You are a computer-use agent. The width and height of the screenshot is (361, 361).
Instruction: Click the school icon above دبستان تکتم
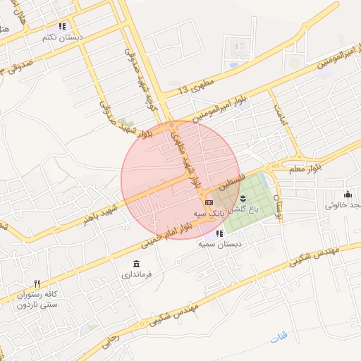click(x=62, y=27)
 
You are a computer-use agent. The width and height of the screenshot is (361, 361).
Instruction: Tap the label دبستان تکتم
click(x=62, y=36)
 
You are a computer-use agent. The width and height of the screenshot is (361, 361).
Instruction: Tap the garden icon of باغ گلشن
click(x=243, y=197)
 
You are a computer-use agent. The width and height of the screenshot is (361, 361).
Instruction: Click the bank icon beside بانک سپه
click(x=208, y=202)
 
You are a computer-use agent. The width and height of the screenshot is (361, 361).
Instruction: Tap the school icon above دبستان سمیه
click(x=220, y=233)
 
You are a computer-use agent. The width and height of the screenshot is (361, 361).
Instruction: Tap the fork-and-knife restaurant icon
click(x=37, y=283)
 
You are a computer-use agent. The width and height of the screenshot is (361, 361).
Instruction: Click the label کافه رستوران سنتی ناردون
click(x=37, y=299)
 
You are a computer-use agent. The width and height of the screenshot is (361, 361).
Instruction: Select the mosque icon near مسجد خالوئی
click(x=347, y=195)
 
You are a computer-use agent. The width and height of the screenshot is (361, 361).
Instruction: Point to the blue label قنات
click(x=280, y=339)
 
